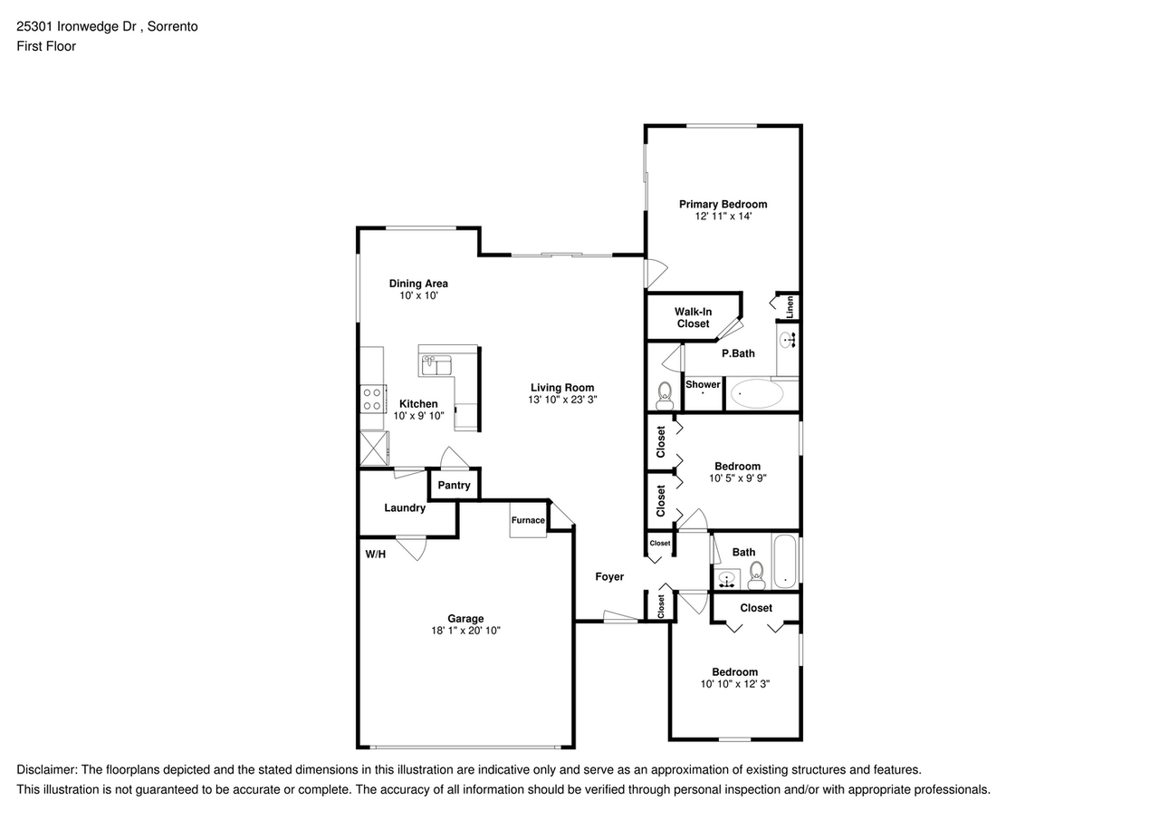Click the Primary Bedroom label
coord(723,204)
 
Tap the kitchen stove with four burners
coord(373,400)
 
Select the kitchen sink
coord(436,365)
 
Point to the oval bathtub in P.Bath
coord(756,393)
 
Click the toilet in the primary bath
coord(664,396)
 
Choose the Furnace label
coord(528,520)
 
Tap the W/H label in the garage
coord(376,555)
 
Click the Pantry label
coord(454,485)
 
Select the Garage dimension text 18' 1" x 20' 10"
coord(465,631)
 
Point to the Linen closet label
coord(790,307)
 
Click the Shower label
coord(703,384)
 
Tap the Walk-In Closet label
coord(693,318)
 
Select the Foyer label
coord(609,576)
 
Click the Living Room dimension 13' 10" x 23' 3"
coord(562,400)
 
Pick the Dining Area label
coord(418,284)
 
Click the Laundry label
coord(405,507)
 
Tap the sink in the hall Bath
coord(727,579)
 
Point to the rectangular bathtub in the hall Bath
coord(784,561)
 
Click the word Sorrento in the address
coord(172,26)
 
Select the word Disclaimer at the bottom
coord(46,770)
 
